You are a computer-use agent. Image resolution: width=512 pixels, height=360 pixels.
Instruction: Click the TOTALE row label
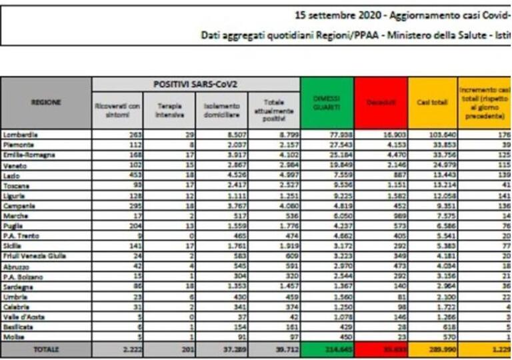pyautogui.click(x=46, y=349)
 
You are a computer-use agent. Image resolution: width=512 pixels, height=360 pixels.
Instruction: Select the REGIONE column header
pyautogui.click(x=46, y=102)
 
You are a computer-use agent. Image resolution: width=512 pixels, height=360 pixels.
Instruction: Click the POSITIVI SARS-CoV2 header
pyautogui.click(x=196, y=85)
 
